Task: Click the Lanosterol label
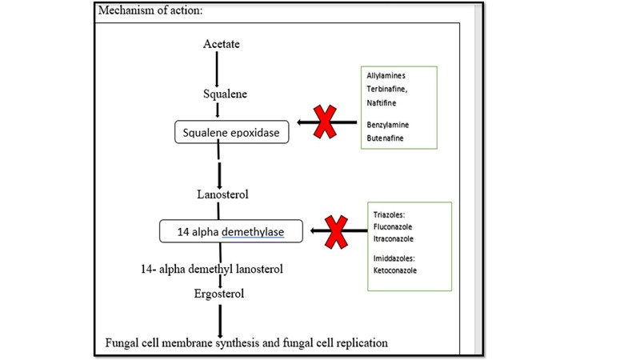(x=223, y=194)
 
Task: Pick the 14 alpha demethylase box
(x=231, y=232)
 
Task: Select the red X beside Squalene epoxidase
(x=324, y=122)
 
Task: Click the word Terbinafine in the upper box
(x=386, y=89)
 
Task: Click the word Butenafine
(x=385, y=138)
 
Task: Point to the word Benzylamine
(x=388, y=125)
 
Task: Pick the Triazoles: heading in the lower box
(x=390, y=214)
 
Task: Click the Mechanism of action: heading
(x=152, y=11)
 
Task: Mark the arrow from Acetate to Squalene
(x=217, y=68)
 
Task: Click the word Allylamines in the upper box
(x=386, y=75)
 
